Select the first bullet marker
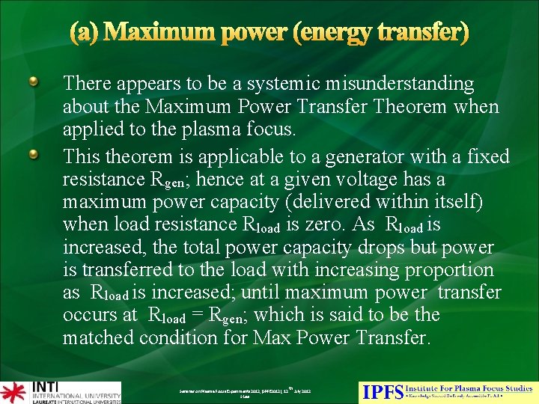[34, 82]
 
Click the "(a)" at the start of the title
[88, 34]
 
